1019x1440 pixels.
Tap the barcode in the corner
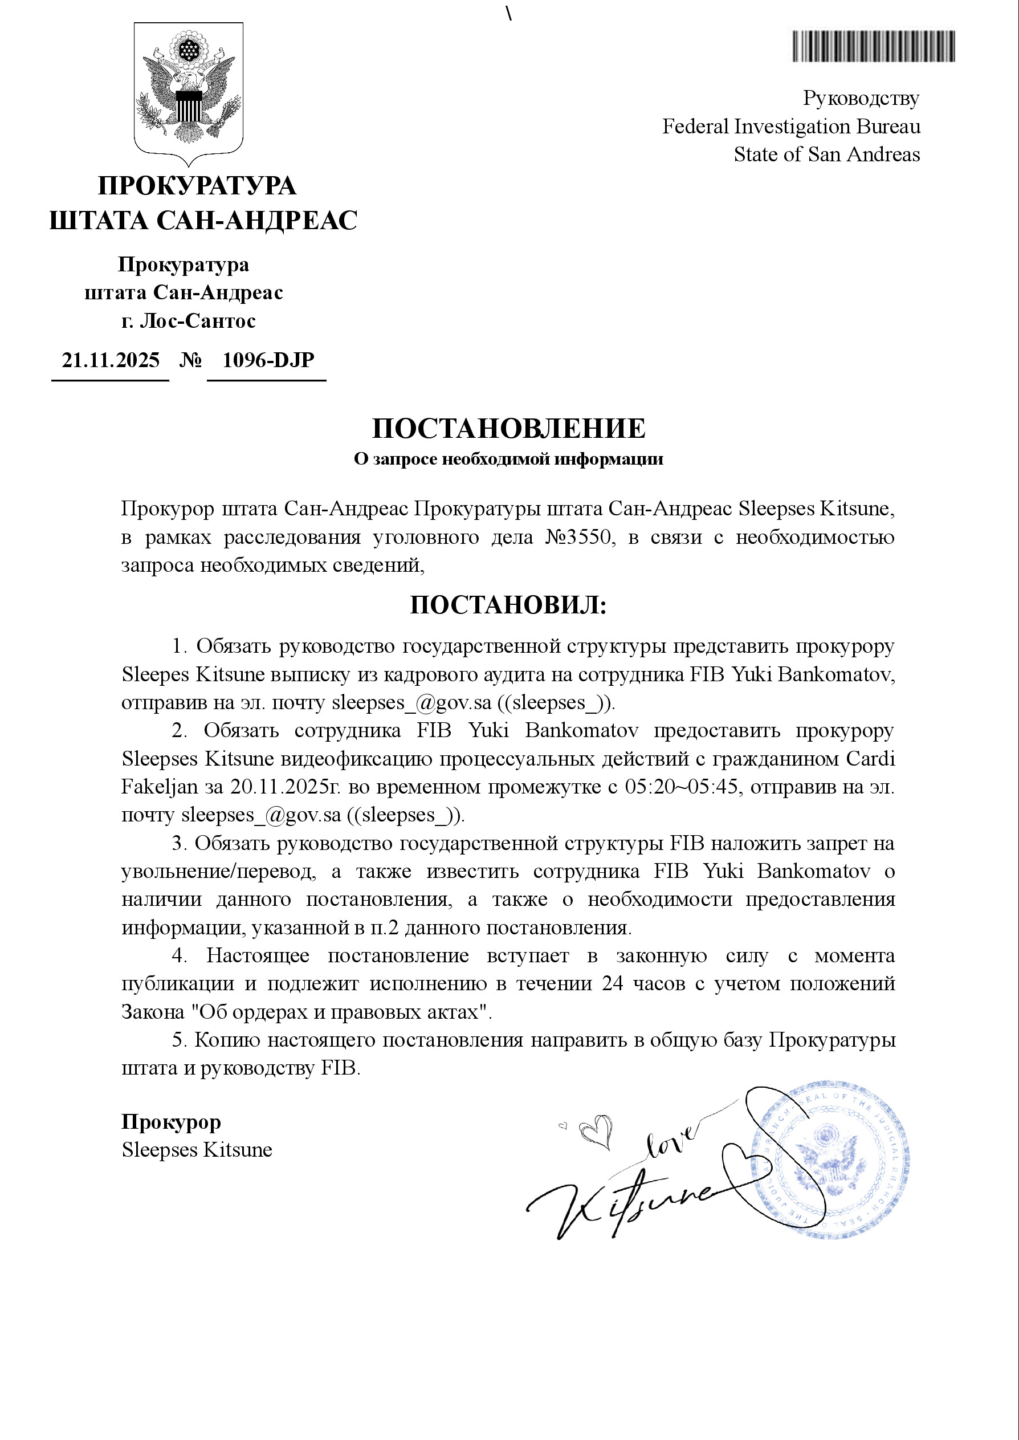[x=874, y=46]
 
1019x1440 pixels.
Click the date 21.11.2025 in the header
[x=111, y=360]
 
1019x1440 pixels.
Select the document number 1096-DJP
[x=268, y=360]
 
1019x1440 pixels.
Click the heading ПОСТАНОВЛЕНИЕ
[x=508, y=429]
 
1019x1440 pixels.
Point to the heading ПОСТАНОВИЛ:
[x=508, y=605]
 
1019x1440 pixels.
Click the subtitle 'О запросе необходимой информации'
[x=508, y=459]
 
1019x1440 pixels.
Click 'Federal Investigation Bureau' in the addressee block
[x=791, y=127]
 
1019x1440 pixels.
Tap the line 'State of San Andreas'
[x=826, y=155]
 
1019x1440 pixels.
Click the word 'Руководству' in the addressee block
[x=861, y=99]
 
